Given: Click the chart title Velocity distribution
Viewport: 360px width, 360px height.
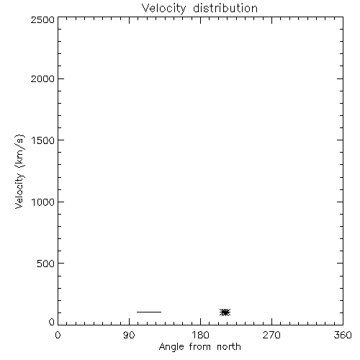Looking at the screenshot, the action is pos(199,8).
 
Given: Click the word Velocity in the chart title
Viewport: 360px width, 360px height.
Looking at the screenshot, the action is pos(163,9).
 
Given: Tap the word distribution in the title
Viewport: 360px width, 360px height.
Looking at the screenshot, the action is pos(225,8).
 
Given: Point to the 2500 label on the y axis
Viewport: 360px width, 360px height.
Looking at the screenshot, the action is pos(42,19).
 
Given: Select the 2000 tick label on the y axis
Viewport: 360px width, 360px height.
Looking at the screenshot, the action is pos(42,78).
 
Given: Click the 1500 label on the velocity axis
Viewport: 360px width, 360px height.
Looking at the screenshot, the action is pos(43,140).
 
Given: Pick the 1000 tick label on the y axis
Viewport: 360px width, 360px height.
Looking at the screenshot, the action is pos(43,202).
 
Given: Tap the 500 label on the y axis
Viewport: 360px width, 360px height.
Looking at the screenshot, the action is pos(46,264).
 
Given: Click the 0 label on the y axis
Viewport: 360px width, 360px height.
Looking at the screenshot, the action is pos(52,322).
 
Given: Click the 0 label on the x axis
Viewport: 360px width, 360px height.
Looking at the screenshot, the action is pos(58,335).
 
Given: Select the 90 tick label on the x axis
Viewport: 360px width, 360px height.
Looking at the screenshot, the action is pos(129,335).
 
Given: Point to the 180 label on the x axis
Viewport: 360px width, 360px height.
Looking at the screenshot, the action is pos(200,335).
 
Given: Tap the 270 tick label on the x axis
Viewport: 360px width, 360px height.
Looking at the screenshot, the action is pos(271,335).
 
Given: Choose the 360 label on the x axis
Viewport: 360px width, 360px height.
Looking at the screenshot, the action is pos(343,335).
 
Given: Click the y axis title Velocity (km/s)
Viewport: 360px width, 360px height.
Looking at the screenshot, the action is pos(19,171).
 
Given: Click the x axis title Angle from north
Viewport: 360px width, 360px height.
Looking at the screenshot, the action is pos(200,347).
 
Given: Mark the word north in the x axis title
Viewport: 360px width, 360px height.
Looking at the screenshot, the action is pos(229,347).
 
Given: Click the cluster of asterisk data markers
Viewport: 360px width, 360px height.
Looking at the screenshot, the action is pos(225,312).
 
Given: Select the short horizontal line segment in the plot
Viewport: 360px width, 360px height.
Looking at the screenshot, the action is pos(149,312).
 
